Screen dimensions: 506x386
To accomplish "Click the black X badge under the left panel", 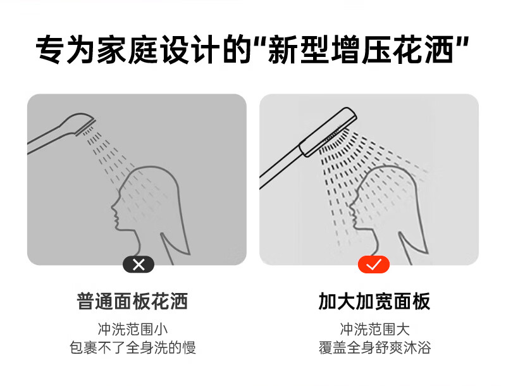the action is [139, 265].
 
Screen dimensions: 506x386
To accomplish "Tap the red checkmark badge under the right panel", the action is [374, 265].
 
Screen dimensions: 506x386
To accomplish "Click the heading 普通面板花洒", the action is [132, 301].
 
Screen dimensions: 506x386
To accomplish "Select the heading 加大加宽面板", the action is [374, 301].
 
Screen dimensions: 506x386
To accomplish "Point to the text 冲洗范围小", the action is [133, 329].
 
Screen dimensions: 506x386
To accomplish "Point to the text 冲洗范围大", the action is [374, 329].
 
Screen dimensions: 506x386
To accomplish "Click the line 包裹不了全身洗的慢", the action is [133, 347].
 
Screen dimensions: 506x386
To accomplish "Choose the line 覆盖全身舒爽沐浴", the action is [374, 347].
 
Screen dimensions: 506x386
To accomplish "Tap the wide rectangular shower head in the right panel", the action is [328, 132].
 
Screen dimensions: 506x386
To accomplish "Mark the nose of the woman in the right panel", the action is [352, 206].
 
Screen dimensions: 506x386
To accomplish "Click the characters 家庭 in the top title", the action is [128, 50].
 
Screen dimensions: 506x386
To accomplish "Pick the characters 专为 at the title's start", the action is [66, 50].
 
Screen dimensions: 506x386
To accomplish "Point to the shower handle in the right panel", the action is [281, 167].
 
